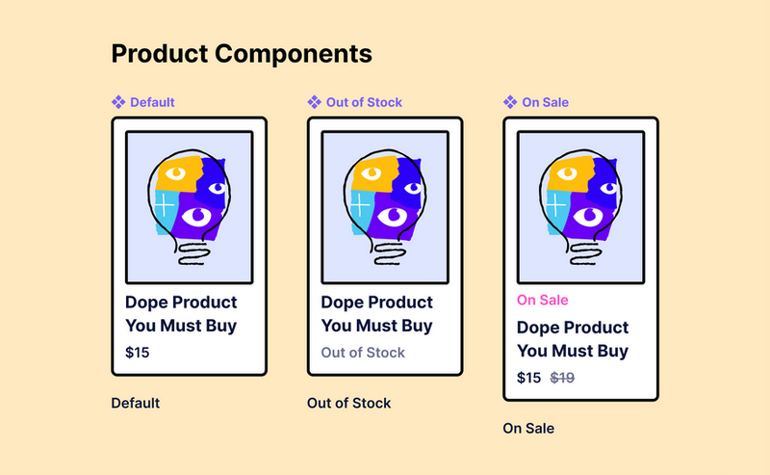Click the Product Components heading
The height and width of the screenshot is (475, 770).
242,54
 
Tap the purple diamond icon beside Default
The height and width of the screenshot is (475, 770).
118,102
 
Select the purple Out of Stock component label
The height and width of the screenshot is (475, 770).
364,102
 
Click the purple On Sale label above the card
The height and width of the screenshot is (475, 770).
545,102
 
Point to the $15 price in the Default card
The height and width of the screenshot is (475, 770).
137,353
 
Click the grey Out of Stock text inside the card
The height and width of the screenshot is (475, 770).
363,353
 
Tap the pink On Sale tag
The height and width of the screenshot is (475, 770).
542,300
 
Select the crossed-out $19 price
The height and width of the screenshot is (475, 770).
562,378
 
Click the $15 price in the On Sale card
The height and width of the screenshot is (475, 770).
528,378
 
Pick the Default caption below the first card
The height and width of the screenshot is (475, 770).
136,403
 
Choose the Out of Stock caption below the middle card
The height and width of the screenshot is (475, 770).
348,403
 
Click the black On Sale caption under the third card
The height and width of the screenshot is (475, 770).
528,429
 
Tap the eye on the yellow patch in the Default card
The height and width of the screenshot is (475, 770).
175,173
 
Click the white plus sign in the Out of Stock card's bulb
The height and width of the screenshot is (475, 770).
360,204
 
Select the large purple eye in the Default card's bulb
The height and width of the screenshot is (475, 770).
198,217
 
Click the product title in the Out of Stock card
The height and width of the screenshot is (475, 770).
376,314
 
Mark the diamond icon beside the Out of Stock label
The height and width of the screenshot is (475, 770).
315,102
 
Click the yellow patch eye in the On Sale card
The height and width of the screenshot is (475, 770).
567,173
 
